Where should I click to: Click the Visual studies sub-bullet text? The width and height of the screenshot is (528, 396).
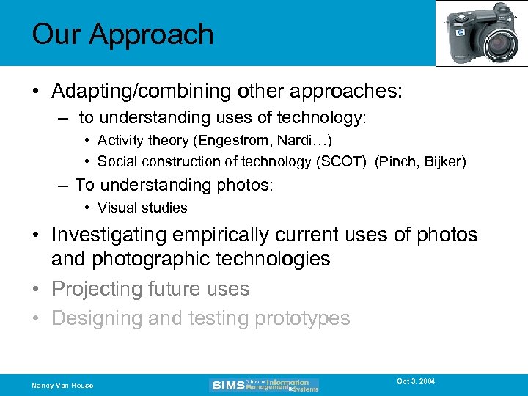pos(142,208)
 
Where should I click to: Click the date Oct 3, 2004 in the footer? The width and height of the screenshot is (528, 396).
pos(416,381)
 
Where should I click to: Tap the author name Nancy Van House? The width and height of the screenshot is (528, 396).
pos(62,386)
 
